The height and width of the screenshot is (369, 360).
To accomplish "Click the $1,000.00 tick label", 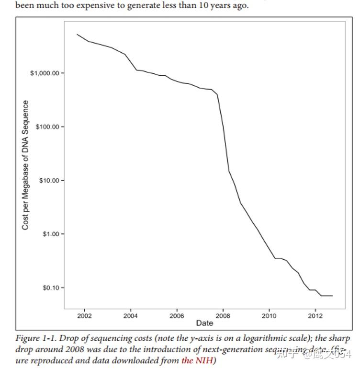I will click(x=45, y=73).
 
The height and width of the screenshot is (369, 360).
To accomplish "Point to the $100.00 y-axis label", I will click(x=47, y=127).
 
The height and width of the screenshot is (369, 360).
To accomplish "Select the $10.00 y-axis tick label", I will click(x=48, y=181).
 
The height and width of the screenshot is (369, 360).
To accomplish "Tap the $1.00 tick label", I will click(x=50, y=234).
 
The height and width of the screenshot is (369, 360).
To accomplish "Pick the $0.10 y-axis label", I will click(x=50, y=288).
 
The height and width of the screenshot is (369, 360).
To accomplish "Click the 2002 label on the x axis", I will click(x=84, y=316).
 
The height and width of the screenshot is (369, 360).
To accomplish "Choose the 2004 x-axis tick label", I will click(x=131, y=316).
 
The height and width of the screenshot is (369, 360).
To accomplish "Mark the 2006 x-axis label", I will click(x=177, y=316).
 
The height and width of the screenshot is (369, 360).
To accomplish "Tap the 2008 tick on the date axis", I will click(x=223, y=316).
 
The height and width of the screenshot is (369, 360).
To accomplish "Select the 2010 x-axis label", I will click(x=269, y=316).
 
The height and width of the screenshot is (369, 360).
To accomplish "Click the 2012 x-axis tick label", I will click(x=315, y=316).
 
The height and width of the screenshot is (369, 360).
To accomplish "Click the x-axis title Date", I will click(x=204, y=323).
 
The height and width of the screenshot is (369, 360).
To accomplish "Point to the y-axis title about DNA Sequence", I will click(x=26, y=165).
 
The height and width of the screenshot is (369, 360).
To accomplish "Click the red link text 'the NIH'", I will click(x=197, y=360).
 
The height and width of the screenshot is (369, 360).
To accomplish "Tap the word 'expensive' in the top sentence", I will click(x=96, y=6).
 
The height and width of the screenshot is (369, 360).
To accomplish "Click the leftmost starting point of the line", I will click(x=77, y=34).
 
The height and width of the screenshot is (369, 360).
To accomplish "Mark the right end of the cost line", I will click(x=332, y=296).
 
